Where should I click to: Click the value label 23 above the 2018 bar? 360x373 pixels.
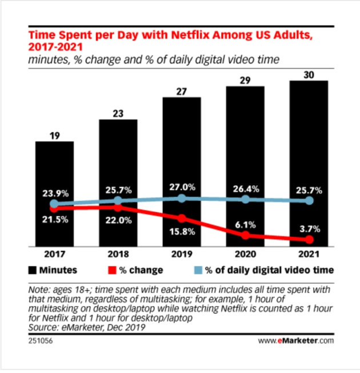point(118,113)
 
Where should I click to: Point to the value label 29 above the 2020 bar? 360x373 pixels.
point(245,80)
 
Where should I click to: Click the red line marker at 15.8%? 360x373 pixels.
point(182,219)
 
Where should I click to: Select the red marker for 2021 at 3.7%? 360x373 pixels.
point(309,239)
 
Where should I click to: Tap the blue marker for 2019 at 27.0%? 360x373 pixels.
point(182,198)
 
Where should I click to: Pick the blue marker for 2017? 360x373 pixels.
point(54,204)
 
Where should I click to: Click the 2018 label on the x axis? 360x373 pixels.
point(118,254)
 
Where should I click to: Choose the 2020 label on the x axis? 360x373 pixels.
point(245,254)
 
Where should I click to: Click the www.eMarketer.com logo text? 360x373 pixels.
point(297,342)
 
